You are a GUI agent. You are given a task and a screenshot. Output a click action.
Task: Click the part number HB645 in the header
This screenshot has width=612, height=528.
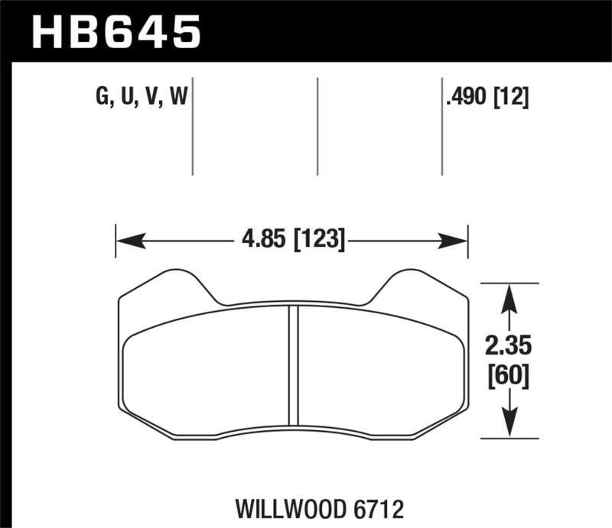click(116, 31)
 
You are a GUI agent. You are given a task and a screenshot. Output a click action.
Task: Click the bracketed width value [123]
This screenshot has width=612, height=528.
click(317, 241)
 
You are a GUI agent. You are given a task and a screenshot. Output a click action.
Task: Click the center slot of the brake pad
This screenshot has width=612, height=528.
click(292, 364)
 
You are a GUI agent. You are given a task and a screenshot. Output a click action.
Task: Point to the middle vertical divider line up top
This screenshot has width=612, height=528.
click(317, 126)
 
